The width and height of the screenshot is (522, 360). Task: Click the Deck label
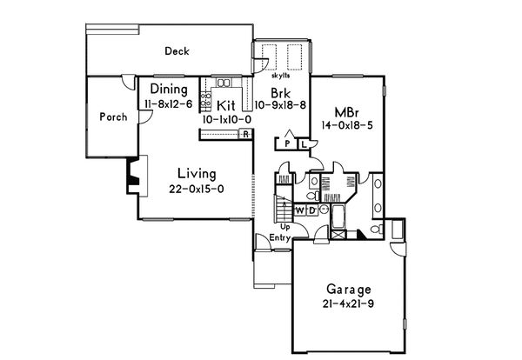click(x=177, y=52)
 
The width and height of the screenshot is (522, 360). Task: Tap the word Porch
click(x=112, y=117)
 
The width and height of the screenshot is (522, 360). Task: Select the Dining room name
click(x=169, y=89)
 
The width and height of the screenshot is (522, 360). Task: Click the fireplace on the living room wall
click(x=130, y=176)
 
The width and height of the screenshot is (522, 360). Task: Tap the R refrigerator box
click(x=246, y=134)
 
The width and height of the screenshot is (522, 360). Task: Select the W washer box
click(x=299, y=210)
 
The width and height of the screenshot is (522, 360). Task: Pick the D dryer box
click(x=311, y=210)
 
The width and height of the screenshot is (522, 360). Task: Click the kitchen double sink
click(x=224, y=83)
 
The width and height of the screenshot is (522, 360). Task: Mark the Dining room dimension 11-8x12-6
click(x=168, y=103)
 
